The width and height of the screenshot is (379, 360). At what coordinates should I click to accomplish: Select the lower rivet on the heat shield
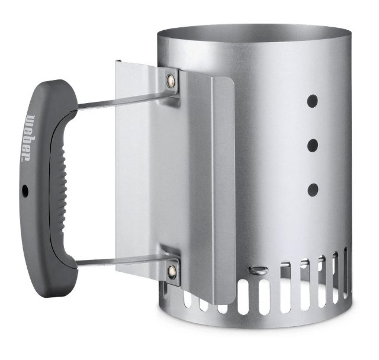click(x=172, y=270)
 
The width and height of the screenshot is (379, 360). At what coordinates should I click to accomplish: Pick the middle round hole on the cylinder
click(x=312, y=144)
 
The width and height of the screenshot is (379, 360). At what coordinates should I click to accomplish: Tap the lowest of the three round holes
click(x=312, y=189)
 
